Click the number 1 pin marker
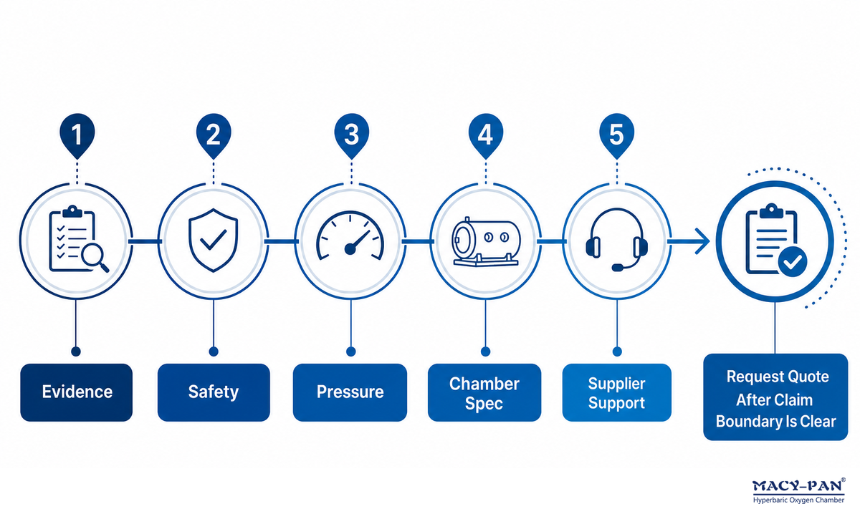click(77, 135)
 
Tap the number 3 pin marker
click(351, 135)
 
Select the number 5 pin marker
click(616, 135)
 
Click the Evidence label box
click(77, 392)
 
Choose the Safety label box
click(214, 392)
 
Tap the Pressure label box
click(350, 392)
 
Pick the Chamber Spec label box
click(484, 392)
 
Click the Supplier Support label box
click(616, 392)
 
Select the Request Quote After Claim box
click(775, 397)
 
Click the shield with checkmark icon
click(213, 240)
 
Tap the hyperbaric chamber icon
click(486, 242)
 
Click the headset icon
click(616, 240)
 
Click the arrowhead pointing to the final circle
click(702, 241)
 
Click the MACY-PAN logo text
click(798, 486)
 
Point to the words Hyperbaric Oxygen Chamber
click(798, 500)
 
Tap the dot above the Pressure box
click(351, 351)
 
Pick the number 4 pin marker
click(486, 135)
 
